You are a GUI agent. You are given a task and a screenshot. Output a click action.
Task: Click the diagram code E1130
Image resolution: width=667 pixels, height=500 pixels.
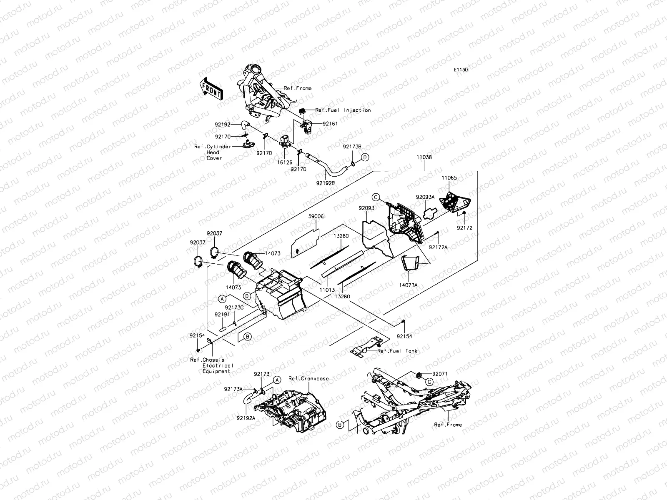click(461, 70)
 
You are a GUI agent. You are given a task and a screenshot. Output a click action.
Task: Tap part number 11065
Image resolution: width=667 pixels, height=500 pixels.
click(449, 178)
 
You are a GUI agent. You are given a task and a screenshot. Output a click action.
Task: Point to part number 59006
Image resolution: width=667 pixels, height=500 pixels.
click(316, 217)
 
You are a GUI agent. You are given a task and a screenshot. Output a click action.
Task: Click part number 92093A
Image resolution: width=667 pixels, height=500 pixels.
click(425, 197)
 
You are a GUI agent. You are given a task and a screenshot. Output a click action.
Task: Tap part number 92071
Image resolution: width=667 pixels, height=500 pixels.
click(440, 374)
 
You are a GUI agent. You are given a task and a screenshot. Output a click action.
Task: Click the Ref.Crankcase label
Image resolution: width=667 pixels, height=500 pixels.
click(308, 379)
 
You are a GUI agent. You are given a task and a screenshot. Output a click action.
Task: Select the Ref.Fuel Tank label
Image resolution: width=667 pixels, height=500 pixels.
click(397, 351)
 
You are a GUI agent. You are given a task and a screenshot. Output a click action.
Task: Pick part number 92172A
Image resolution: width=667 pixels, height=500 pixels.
click(438, 247)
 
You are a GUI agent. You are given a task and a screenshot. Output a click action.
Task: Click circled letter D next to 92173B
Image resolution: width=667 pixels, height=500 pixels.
click(365, 157)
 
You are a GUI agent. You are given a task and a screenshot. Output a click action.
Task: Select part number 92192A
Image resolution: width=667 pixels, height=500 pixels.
click(246, 417)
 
